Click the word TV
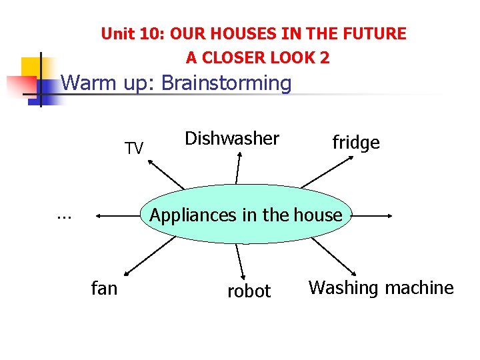point(134,149)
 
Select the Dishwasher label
point(232,139)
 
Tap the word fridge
point(356,143)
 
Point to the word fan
point(104,288)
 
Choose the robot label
point(249,291)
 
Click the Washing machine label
point(381,288)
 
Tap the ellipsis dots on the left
point(64,215)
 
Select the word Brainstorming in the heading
point(227,83)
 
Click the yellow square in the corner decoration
point(30,67)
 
